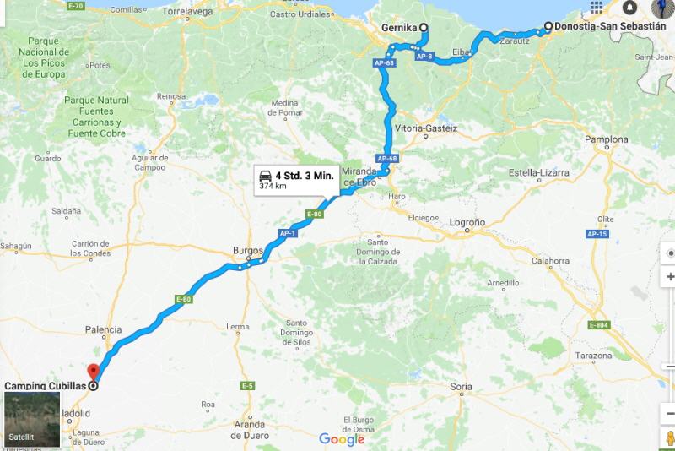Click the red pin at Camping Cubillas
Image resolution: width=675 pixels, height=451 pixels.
[x=93, y=372]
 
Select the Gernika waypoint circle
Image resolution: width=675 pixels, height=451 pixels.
[x=424, y=27]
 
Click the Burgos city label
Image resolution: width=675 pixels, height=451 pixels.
[x=248, y=250]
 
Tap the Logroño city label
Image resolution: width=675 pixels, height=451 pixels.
[x=467, y=223]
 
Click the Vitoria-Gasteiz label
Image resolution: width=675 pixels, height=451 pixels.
[x=426, y=128]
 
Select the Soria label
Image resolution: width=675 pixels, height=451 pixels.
[x=462, y=387]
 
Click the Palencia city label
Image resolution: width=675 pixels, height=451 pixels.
[x=104, y=329]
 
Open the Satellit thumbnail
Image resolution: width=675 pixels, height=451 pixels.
[x=32, y=419]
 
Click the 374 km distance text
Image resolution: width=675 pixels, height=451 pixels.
[x=272, y=186]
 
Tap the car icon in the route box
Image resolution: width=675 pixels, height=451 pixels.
[x=265, y=175]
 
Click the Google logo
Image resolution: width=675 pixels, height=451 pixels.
[x=342, y=439]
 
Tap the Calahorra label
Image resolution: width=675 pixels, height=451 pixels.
[x=551, y=261]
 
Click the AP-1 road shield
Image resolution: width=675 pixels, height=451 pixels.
[x=288, y=232]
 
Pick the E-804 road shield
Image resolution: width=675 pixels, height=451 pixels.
[x=599, y=325]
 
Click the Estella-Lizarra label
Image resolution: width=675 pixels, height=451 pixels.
[x=538, y=173]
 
